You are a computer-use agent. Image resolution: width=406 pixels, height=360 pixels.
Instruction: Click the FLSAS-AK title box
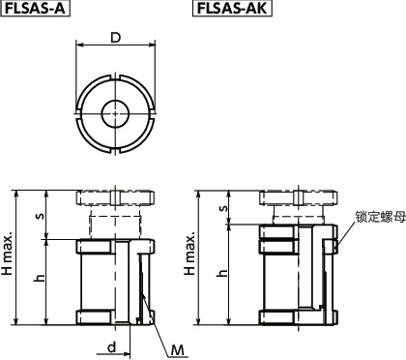coord(233,11)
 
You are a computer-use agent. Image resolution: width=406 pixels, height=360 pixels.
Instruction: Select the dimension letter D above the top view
coord(115,38)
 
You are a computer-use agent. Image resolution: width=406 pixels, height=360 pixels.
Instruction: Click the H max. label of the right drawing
coord(191,256)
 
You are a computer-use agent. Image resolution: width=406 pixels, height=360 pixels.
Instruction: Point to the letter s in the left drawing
coord(40,214)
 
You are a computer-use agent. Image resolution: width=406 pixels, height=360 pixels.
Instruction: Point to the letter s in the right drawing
coord(223,207)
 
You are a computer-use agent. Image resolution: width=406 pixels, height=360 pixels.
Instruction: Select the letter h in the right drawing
coord(223,273)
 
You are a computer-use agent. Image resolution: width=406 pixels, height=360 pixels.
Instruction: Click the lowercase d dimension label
coord(112,345)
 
